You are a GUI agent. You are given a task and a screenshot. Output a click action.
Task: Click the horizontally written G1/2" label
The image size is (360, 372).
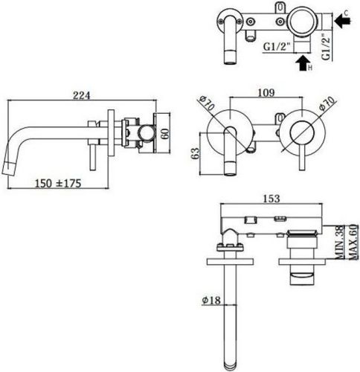(x=277, y=45)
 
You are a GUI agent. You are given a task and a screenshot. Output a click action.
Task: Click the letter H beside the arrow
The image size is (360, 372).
(x=312, y=69)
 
